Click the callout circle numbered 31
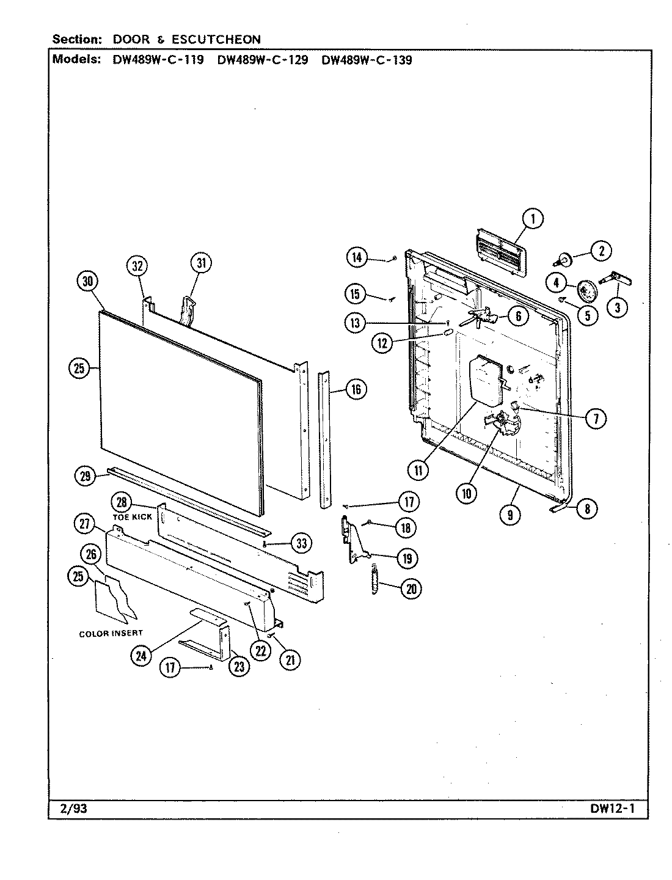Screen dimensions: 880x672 (x=200, y=263)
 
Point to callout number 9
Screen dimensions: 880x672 (x=510, y=515)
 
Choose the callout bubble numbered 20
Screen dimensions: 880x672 (x=411, y=588)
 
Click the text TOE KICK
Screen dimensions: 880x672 (x=132, y=517)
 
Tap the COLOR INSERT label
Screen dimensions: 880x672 (x=111, y=634)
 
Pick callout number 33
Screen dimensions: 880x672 (x=300, y=542)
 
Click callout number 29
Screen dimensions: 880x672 (x=87, y=475)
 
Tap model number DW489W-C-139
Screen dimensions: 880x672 (x=366, y=60)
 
